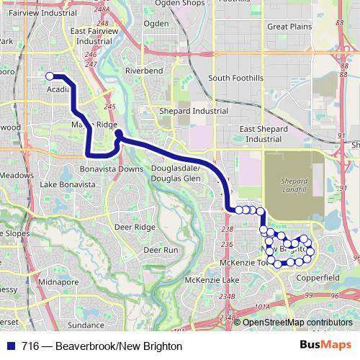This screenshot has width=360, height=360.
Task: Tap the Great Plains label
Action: coord(288,27)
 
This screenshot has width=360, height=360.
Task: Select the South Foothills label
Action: coord(235,78)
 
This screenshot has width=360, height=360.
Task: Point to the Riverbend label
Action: coord(144,71)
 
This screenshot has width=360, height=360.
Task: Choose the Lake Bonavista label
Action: coord(68,185)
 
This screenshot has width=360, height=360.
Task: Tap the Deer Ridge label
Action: coord(135,227)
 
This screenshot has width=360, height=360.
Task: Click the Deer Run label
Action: coord(161,250)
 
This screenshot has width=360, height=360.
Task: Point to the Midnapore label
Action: coord(59,282)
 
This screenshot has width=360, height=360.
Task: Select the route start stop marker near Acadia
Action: coord(50,76)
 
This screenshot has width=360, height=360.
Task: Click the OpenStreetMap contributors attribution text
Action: coord(297,323)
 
